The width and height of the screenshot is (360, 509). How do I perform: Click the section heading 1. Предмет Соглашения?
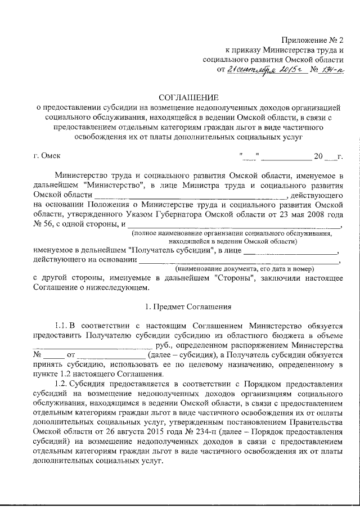[188, 307]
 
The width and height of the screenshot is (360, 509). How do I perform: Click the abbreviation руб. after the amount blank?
[165, 345]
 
